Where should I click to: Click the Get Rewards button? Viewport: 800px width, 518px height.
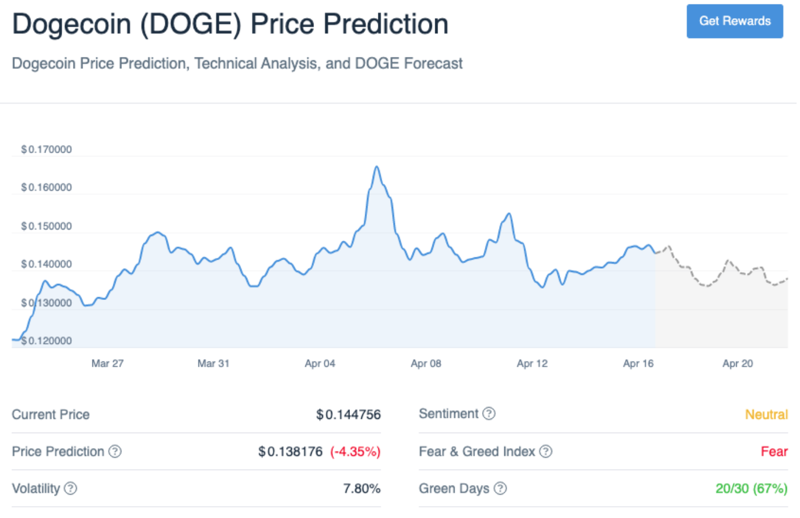coord(734,21)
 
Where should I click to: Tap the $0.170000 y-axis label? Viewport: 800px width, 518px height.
coord(46,149)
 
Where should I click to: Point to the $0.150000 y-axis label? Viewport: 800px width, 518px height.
coord(46,226)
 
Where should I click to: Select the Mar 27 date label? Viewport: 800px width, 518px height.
coord(107,363)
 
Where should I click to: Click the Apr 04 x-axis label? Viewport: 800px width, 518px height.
coord(320,363)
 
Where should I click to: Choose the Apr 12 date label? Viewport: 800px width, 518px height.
coord(532,363)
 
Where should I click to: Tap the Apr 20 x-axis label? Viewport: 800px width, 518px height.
coord(737,363)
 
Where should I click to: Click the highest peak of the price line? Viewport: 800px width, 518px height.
coord(377,167)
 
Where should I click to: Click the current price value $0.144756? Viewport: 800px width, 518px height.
coord(348,414)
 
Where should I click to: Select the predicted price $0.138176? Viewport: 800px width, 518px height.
coord(291,451)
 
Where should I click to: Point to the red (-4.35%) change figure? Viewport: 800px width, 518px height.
coord(355,451)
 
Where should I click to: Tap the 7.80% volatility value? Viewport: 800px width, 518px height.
coord(361,488)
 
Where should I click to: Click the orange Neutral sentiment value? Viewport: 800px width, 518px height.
coord(766,414)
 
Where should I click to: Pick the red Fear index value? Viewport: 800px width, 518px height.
coord(774,451)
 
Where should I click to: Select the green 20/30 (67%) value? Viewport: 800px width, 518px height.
coord(751,488)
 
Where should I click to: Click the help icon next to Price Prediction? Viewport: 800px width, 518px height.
coord(115,451)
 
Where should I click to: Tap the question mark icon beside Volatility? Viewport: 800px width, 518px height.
coord(71,488)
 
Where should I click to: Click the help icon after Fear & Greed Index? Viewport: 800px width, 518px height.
coord(546,451)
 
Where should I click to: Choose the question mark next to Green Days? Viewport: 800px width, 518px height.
coord(500,488)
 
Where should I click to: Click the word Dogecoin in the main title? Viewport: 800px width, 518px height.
coord(71,24)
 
